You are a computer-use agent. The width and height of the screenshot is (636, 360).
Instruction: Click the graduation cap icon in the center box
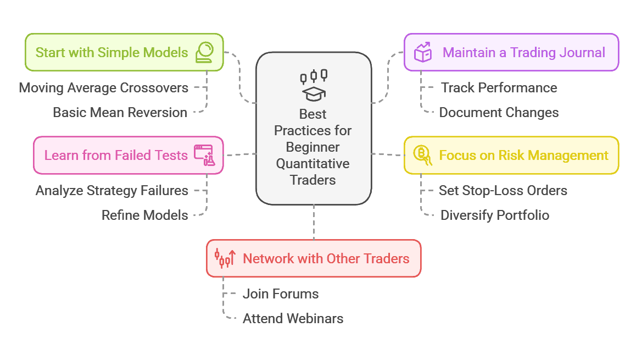point(315,94)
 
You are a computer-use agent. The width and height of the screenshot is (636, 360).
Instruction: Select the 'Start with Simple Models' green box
point(124,53)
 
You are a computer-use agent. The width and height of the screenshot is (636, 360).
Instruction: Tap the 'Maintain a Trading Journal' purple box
point(511,53)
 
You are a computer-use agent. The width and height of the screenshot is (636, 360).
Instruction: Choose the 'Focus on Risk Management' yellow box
point(511,156)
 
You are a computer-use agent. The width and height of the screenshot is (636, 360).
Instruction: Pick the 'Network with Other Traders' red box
point(314,258)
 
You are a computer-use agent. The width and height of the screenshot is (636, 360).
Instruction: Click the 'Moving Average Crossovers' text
point(104,88)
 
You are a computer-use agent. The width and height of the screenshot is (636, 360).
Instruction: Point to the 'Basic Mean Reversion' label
point(120,113)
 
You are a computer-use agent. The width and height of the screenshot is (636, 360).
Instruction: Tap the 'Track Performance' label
point(499,88)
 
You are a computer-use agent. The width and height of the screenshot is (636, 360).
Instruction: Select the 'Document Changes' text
point(499,113)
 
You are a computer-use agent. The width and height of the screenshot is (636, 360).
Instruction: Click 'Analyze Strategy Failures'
point(112,191)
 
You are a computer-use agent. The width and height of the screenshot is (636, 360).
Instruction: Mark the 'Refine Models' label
point(145,215)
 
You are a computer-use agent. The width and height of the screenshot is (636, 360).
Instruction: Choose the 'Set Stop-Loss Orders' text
point(503,191)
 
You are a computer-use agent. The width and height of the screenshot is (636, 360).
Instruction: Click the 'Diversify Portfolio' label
point(495,215)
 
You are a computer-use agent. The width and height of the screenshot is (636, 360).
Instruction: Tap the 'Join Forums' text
point(281,294)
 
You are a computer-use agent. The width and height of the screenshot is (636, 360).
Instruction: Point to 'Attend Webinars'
point(293,319)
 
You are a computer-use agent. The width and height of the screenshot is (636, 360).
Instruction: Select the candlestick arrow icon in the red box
point(225,258)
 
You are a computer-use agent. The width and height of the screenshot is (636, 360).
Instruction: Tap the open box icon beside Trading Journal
point(422,53)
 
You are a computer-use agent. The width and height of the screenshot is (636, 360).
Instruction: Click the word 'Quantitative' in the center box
point(313,164)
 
